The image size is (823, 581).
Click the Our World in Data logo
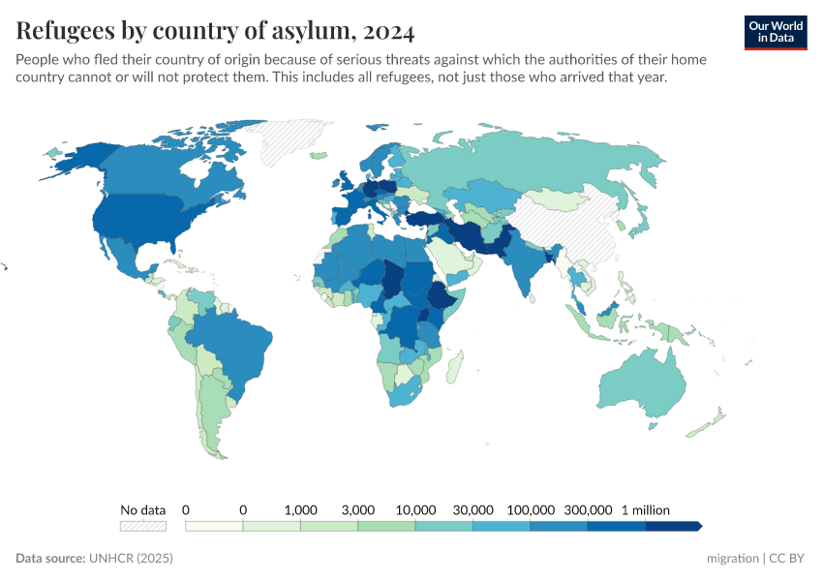click(775, 32)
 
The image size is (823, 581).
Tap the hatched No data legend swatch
click(142, 526)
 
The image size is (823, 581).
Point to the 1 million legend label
click(646, 509)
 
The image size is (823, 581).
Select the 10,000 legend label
click(415, 509)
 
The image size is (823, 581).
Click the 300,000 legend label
click(588, 509)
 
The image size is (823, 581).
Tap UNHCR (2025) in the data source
click(131, 559)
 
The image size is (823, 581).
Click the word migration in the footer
click(733, 559)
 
